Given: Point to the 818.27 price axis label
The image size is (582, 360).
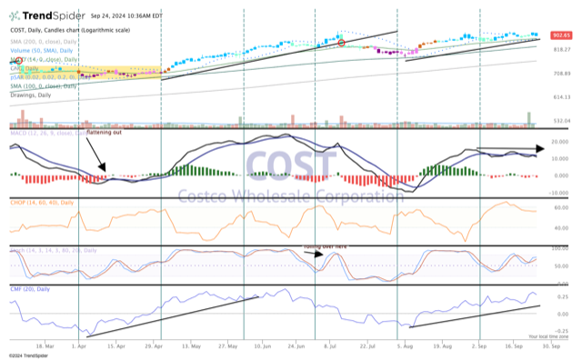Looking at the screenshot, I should click(560, 49).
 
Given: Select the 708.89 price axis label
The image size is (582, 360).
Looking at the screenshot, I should click(560, 74).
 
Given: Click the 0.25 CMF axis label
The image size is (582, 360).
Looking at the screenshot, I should click(560, 296).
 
